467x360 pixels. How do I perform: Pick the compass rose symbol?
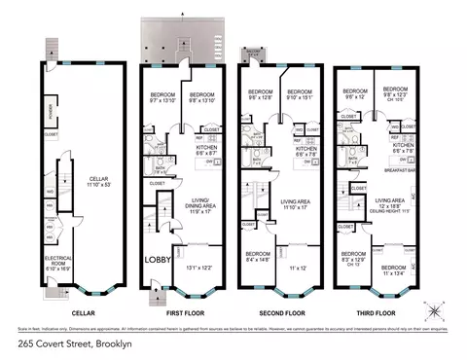click(x=433, y=310)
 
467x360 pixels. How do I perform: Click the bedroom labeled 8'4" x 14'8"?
click(x=256, y=258)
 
